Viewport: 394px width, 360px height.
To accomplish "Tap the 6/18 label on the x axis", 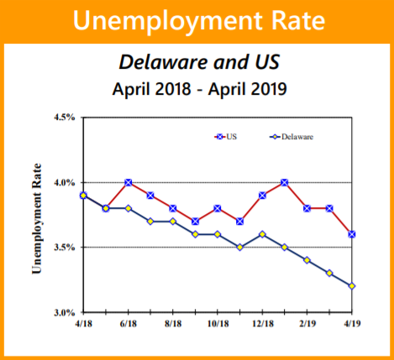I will point(128,323).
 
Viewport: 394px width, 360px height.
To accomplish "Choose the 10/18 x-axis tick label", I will point(218,323).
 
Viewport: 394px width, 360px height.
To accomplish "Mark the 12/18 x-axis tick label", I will point(262,323).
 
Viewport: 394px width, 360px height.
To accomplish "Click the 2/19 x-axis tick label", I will point(307,323).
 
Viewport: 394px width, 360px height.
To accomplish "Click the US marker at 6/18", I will point(129,182).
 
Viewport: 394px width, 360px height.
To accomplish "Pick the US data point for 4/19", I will point(352,234).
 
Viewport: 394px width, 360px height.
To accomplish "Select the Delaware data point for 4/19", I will point(352,286).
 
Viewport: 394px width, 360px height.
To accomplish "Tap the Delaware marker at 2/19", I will point(307,260).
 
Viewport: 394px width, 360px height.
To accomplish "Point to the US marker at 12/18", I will point(263,195).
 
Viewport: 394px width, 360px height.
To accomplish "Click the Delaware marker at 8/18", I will point(173,221).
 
